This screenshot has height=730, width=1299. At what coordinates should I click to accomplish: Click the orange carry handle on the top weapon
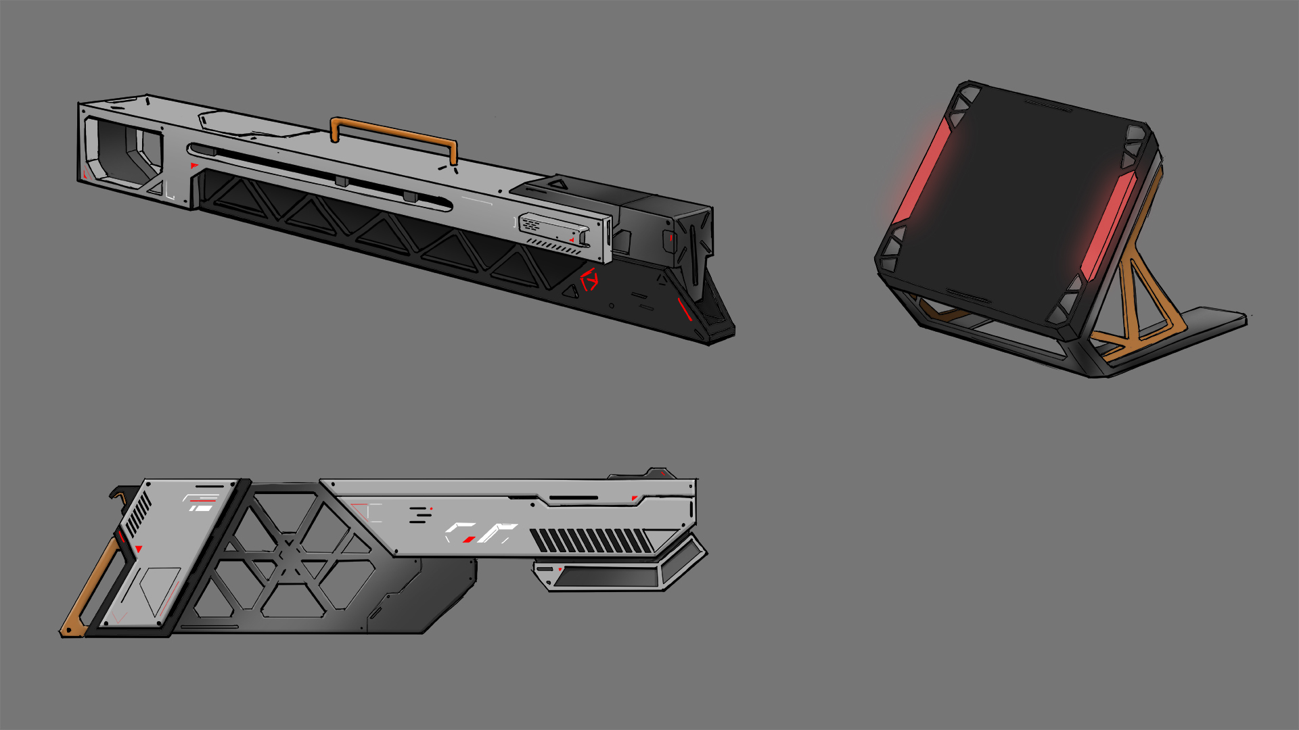[x=392, y=130]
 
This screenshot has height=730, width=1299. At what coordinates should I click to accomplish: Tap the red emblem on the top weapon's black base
[x=589, y=279]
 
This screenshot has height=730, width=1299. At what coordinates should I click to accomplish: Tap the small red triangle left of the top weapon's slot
[x=194, y=166]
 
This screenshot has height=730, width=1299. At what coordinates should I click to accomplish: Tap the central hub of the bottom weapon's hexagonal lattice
[x=290, y=553]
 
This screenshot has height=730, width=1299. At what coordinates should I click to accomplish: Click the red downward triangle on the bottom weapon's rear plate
[x=139, y=549]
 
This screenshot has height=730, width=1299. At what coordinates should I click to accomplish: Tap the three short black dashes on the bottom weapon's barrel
[x=420, y=514]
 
